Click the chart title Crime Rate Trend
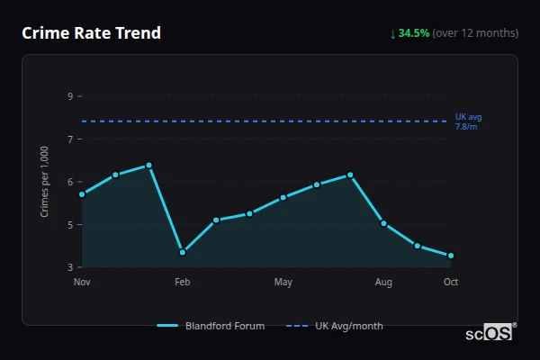click(91, 33)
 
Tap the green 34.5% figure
click(414, 33)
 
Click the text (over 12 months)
click(475, 33)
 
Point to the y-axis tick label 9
click(70, 96)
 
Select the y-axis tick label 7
click(70, 139)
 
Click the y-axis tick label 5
click(70, 224)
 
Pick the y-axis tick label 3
click(70, 267)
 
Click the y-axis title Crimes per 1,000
click(45, 182)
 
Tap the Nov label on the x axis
click(82, 283)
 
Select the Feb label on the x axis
click(183, 283)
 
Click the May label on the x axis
click(283, 283)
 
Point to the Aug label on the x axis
click(384, 283)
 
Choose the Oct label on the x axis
click(451, 283)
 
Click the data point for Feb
click(183, 252)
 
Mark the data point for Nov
click(82, 194)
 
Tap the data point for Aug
click(384, 223)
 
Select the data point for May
click(283, 197)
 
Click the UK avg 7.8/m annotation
click(468, 121)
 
